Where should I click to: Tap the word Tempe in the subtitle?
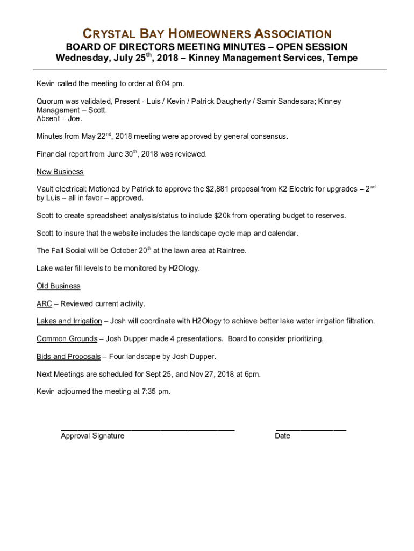[342, 58]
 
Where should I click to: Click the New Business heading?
[60, 172]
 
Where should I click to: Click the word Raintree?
[231, 251]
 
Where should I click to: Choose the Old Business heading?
[58, 286]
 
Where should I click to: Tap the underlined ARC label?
[44, 304]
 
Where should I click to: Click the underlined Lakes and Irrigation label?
[69, 321]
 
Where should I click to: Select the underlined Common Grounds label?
[67, 339]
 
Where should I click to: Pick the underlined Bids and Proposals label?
[68, 356]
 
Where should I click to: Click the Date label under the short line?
[282, 436]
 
